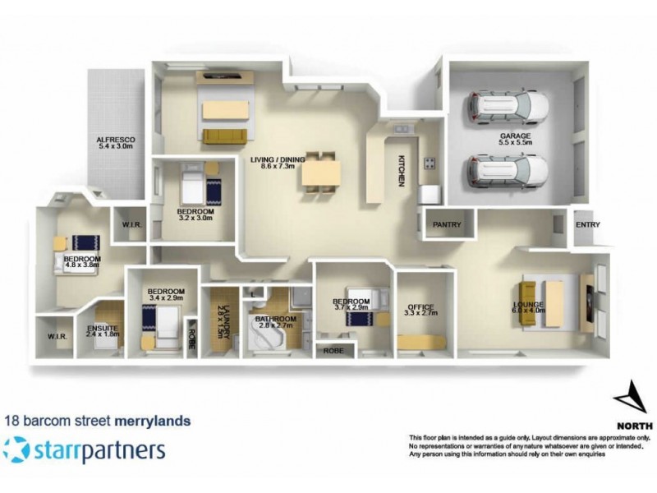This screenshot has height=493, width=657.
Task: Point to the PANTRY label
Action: coord(447,224)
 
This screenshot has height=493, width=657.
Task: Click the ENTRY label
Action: coord(588,224)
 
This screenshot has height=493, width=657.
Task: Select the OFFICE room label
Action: coord(419,311)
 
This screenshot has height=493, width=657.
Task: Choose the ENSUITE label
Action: coord(102,329)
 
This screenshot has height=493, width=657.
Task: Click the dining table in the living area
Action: coord(321,173)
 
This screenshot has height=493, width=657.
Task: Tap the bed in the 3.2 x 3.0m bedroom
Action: coord(194,186)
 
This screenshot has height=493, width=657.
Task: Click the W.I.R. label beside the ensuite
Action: coord(56,335)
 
